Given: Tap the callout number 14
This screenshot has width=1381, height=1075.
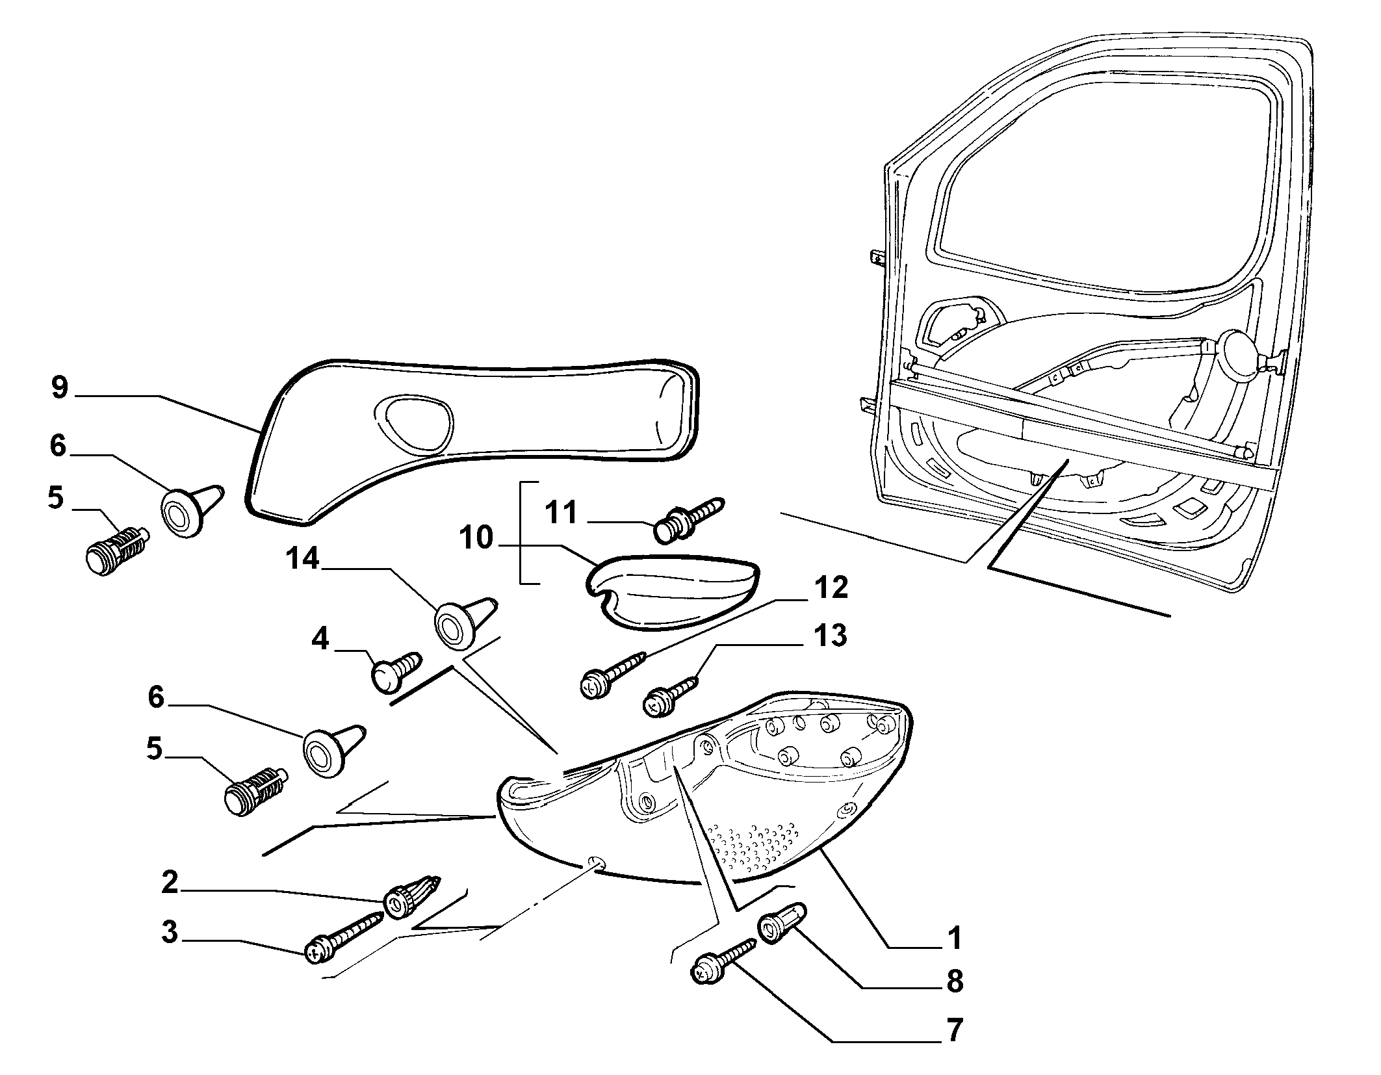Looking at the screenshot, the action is click(303, 558).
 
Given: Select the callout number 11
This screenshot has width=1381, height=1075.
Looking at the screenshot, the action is click(561, 512).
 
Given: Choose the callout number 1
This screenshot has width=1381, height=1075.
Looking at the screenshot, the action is click(953, 938).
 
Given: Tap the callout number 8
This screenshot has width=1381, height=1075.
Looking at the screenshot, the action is click(954, 981).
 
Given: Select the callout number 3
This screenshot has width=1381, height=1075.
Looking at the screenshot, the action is click(170, 933).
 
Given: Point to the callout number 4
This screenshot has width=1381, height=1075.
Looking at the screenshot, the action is click(320, 640).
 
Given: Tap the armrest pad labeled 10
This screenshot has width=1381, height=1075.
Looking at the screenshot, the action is click(673, 582).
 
